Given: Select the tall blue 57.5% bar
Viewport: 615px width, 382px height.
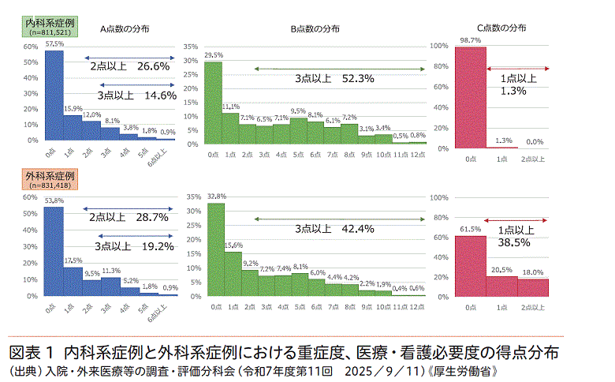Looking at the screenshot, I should (52, 95).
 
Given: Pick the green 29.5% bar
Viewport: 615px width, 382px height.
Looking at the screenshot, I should (214, 104).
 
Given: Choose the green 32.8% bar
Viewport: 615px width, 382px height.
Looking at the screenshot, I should (214, 249).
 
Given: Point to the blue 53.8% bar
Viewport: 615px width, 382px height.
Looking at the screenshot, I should (52, 252).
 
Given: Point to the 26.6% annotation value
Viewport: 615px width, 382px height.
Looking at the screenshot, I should (154, 67).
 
